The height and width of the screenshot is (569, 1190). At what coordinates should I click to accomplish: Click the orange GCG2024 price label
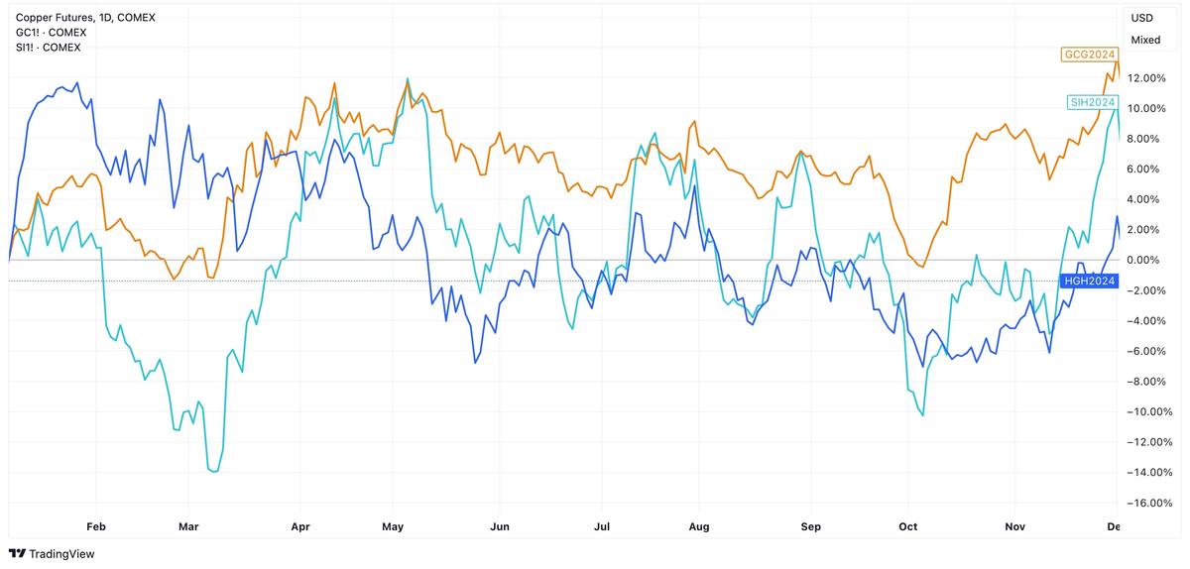tap(1089, 55)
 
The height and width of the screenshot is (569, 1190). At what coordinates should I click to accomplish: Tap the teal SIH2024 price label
tap(1092, 102)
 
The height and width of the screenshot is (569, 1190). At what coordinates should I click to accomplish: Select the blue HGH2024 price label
tap(1089, 281)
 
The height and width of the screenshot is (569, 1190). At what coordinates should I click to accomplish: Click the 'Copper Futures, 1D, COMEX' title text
tap(85, 18)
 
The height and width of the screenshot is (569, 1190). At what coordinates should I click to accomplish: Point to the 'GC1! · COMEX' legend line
tap(51, 33)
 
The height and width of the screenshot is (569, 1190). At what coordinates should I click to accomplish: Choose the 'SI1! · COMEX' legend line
tap(48, 48)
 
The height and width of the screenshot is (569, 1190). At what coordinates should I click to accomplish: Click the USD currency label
tap(1141, 18)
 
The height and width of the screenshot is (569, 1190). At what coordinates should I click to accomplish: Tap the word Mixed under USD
tap(1145, 40)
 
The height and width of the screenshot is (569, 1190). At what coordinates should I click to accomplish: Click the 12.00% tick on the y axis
tap(1146, 78)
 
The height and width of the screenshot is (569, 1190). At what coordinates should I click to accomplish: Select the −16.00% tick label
tap(1146, 503)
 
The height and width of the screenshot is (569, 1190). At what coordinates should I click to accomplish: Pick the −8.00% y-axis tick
tap(1148, 382)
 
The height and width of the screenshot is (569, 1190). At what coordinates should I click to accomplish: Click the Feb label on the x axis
tap(96, 526)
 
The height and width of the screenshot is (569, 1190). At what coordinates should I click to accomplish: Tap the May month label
tap(393, 526)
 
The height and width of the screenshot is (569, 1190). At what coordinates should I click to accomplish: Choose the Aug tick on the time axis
tap(698, 526)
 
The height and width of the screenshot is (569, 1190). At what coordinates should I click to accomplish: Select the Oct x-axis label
tap(908, 526)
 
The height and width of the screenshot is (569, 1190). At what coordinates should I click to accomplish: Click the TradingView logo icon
tap(17, 553)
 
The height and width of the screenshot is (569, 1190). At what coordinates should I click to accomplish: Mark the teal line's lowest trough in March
tap(215, 471)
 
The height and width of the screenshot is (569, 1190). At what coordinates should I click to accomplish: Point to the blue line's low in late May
tap(475, 363)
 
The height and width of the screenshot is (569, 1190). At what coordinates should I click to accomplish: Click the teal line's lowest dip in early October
tap(923, 415)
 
